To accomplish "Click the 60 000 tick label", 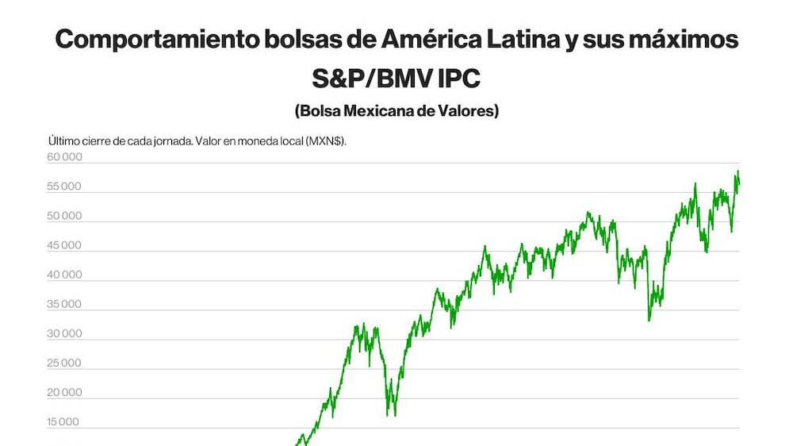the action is (64, 157).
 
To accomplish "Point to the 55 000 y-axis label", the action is (63, 186).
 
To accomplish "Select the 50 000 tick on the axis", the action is (64, 216).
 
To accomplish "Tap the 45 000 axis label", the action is (63, 245).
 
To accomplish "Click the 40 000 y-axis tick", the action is (64, 275).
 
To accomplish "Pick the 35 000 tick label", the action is (63, 304).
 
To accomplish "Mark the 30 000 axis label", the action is (64, 333).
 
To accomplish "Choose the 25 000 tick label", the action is (63, 363).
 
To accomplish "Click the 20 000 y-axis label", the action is (64, 392).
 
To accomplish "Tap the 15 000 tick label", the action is (63, 421).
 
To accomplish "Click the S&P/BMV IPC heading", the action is (396, 79).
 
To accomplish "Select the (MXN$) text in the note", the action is (326, 141).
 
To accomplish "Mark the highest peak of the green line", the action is (737, 171).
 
